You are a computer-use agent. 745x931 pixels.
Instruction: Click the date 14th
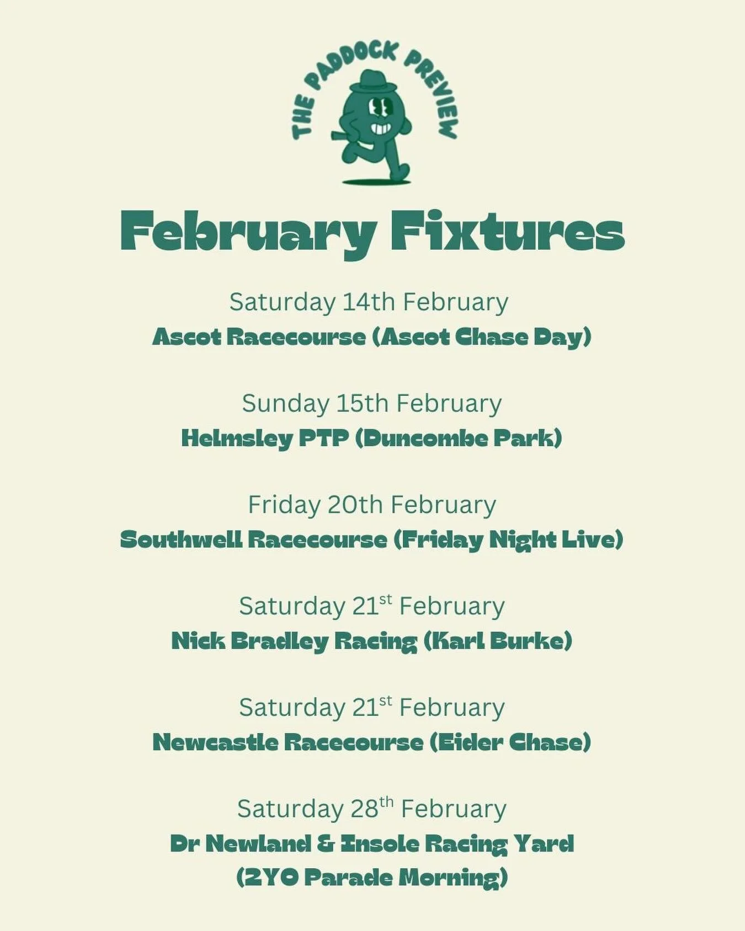click(x=369, y=302)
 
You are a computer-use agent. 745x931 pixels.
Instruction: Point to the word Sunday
click(x=285, y=404)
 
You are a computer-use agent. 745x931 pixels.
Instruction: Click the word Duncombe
click(x=425, y=438)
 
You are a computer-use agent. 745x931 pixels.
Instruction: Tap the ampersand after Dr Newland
click(x=326, y=844)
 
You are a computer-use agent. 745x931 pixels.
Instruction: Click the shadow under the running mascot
click(x=376, y=181)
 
